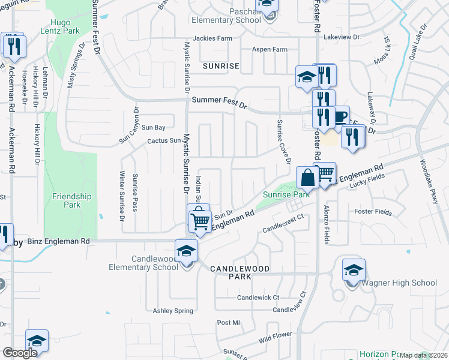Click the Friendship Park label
[x=72, y=200]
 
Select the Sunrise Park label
[x=286, y=194]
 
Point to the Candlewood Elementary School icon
[x=186, y=250]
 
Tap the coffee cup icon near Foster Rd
[x=340, y=116]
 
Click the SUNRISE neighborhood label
[x=221, y=66]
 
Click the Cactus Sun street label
[x=164, y=141]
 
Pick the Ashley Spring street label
[x=173, y=311]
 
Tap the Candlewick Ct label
[x=258, y=298]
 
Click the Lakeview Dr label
[x=341, y=37]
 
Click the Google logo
[x=20, y=353]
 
